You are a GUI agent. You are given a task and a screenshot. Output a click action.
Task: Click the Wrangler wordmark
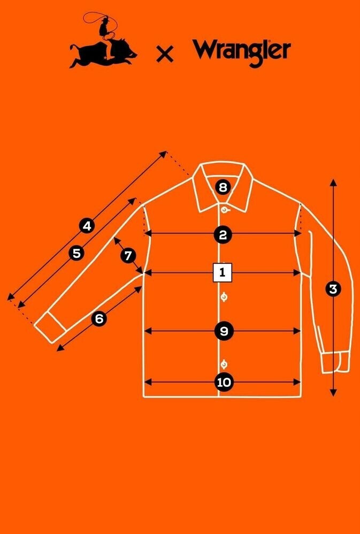[241, 52]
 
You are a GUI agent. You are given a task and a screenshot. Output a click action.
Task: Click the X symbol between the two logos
[165, 54]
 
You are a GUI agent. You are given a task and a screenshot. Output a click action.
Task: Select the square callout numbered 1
[223, 272]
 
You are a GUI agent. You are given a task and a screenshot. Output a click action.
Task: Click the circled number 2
[223, 235]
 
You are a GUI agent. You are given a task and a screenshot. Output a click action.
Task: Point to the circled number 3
[333, 289]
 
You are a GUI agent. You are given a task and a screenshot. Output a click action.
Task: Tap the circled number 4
[87, 226]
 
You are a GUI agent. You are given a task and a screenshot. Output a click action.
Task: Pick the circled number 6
[99, 319]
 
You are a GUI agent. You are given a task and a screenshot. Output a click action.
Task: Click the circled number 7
[128, 255]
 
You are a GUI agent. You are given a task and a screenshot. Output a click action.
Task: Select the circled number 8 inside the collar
[223, 187]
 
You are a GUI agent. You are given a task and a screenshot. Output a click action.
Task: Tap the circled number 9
[224, 331]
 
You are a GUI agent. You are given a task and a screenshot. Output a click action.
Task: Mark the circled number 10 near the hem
[224, 382]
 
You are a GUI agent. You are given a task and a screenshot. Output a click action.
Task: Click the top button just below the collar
[224, 209]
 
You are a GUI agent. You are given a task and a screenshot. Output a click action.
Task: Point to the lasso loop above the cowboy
[102, 20]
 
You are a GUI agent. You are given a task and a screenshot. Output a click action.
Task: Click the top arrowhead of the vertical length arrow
[333, 182]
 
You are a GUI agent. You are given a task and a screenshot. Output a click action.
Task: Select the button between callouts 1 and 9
[224, 297]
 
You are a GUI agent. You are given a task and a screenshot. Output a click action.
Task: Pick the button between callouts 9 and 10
[224, 364]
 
